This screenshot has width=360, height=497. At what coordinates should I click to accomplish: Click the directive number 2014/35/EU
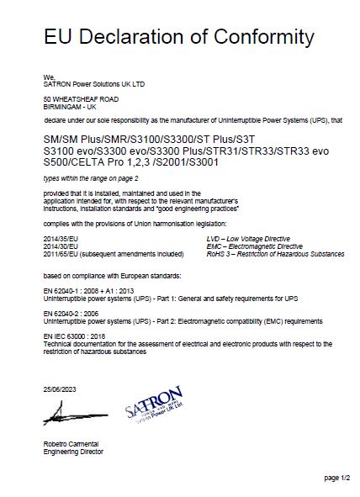[59, 240]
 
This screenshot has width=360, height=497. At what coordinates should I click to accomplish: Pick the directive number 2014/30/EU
[59, 246]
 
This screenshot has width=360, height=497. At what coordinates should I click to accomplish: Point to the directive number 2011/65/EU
[59, 253]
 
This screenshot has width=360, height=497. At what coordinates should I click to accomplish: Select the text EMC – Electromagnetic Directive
[243, 246]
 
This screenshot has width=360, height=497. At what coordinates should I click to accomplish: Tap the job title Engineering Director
[73, 452]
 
